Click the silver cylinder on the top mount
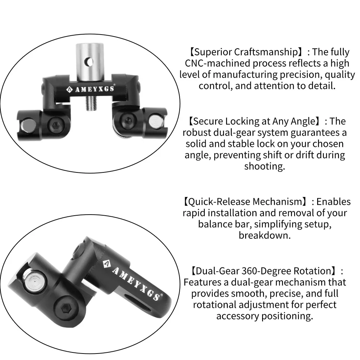[90, 62]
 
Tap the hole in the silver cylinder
[89, 62]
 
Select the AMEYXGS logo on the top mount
[91, 89]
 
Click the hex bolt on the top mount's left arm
[56, 125]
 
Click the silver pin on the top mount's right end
[156, 121]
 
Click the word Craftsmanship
[266, 52]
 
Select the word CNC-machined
[217, 63]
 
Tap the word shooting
[265, 166]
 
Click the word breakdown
[265, 235]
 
